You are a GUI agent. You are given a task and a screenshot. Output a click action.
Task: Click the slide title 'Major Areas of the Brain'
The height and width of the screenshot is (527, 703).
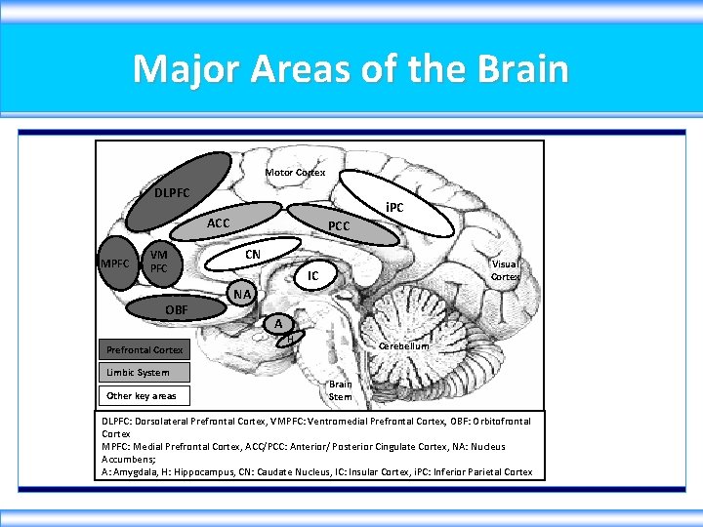351,69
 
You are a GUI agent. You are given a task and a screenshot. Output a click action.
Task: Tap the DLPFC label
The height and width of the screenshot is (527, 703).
172,192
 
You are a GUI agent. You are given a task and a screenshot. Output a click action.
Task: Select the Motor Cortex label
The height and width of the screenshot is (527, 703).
295,173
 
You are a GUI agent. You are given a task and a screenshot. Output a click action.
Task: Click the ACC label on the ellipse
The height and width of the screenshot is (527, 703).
219,223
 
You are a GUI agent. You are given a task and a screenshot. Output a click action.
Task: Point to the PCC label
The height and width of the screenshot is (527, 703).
339,226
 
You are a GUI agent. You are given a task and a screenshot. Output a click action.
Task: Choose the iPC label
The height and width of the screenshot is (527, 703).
393,208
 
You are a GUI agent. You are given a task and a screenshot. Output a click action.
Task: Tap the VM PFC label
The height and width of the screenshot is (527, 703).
158,262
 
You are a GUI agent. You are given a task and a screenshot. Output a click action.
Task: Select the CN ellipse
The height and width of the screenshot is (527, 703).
252,255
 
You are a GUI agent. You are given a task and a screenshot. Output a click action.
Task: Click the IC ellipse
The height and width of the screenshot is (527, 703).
312,277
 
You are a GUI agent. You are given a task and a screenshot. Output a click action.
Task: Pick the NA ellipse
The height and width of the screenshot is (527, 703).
242,294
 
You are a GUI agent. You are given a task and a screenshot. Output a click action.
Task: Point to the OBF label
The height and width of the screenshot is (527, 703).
177,309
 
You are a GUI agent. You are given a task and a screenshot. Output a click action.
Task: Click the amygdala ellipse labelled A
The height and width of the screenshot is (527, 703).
279,324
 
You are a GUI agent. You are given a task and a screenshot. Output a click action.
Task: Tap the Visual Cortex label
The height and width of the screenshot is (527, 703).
505,270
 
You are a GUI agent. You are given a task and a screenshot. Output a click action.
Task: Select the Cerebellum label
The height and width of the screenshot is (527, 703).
402,346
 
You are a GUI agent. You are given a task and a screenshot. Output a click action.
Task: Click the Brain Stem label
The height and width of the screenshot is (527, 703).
340,390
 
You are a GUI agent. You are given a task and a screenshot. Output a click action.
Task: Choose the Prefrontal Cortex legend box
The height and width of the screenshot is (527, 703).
145,349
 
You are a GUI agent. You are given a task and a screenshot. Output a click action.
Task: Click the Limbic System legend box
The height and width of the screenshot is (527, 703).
145,373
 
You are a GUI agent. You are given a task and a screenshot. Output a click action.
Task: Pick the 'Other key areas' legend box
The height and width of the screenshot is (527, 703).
145,395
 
